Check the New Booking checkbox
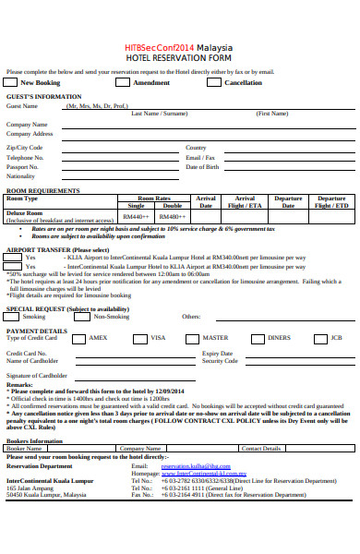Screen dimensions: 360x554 13,82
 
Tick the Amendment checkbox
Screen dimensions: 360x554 123,82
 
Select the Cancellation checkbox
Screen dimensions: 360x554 214,82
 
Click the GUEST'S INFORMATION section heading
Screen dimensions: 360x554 43,96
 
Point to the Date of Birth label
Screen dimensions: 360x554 202,167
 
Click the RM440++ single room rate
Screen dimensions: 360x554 137,216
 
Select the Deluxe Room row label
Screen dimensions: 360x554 25,212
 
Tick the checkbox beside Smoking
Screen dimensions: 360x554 13,317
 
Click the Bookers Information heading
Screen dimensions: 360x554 35,441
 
